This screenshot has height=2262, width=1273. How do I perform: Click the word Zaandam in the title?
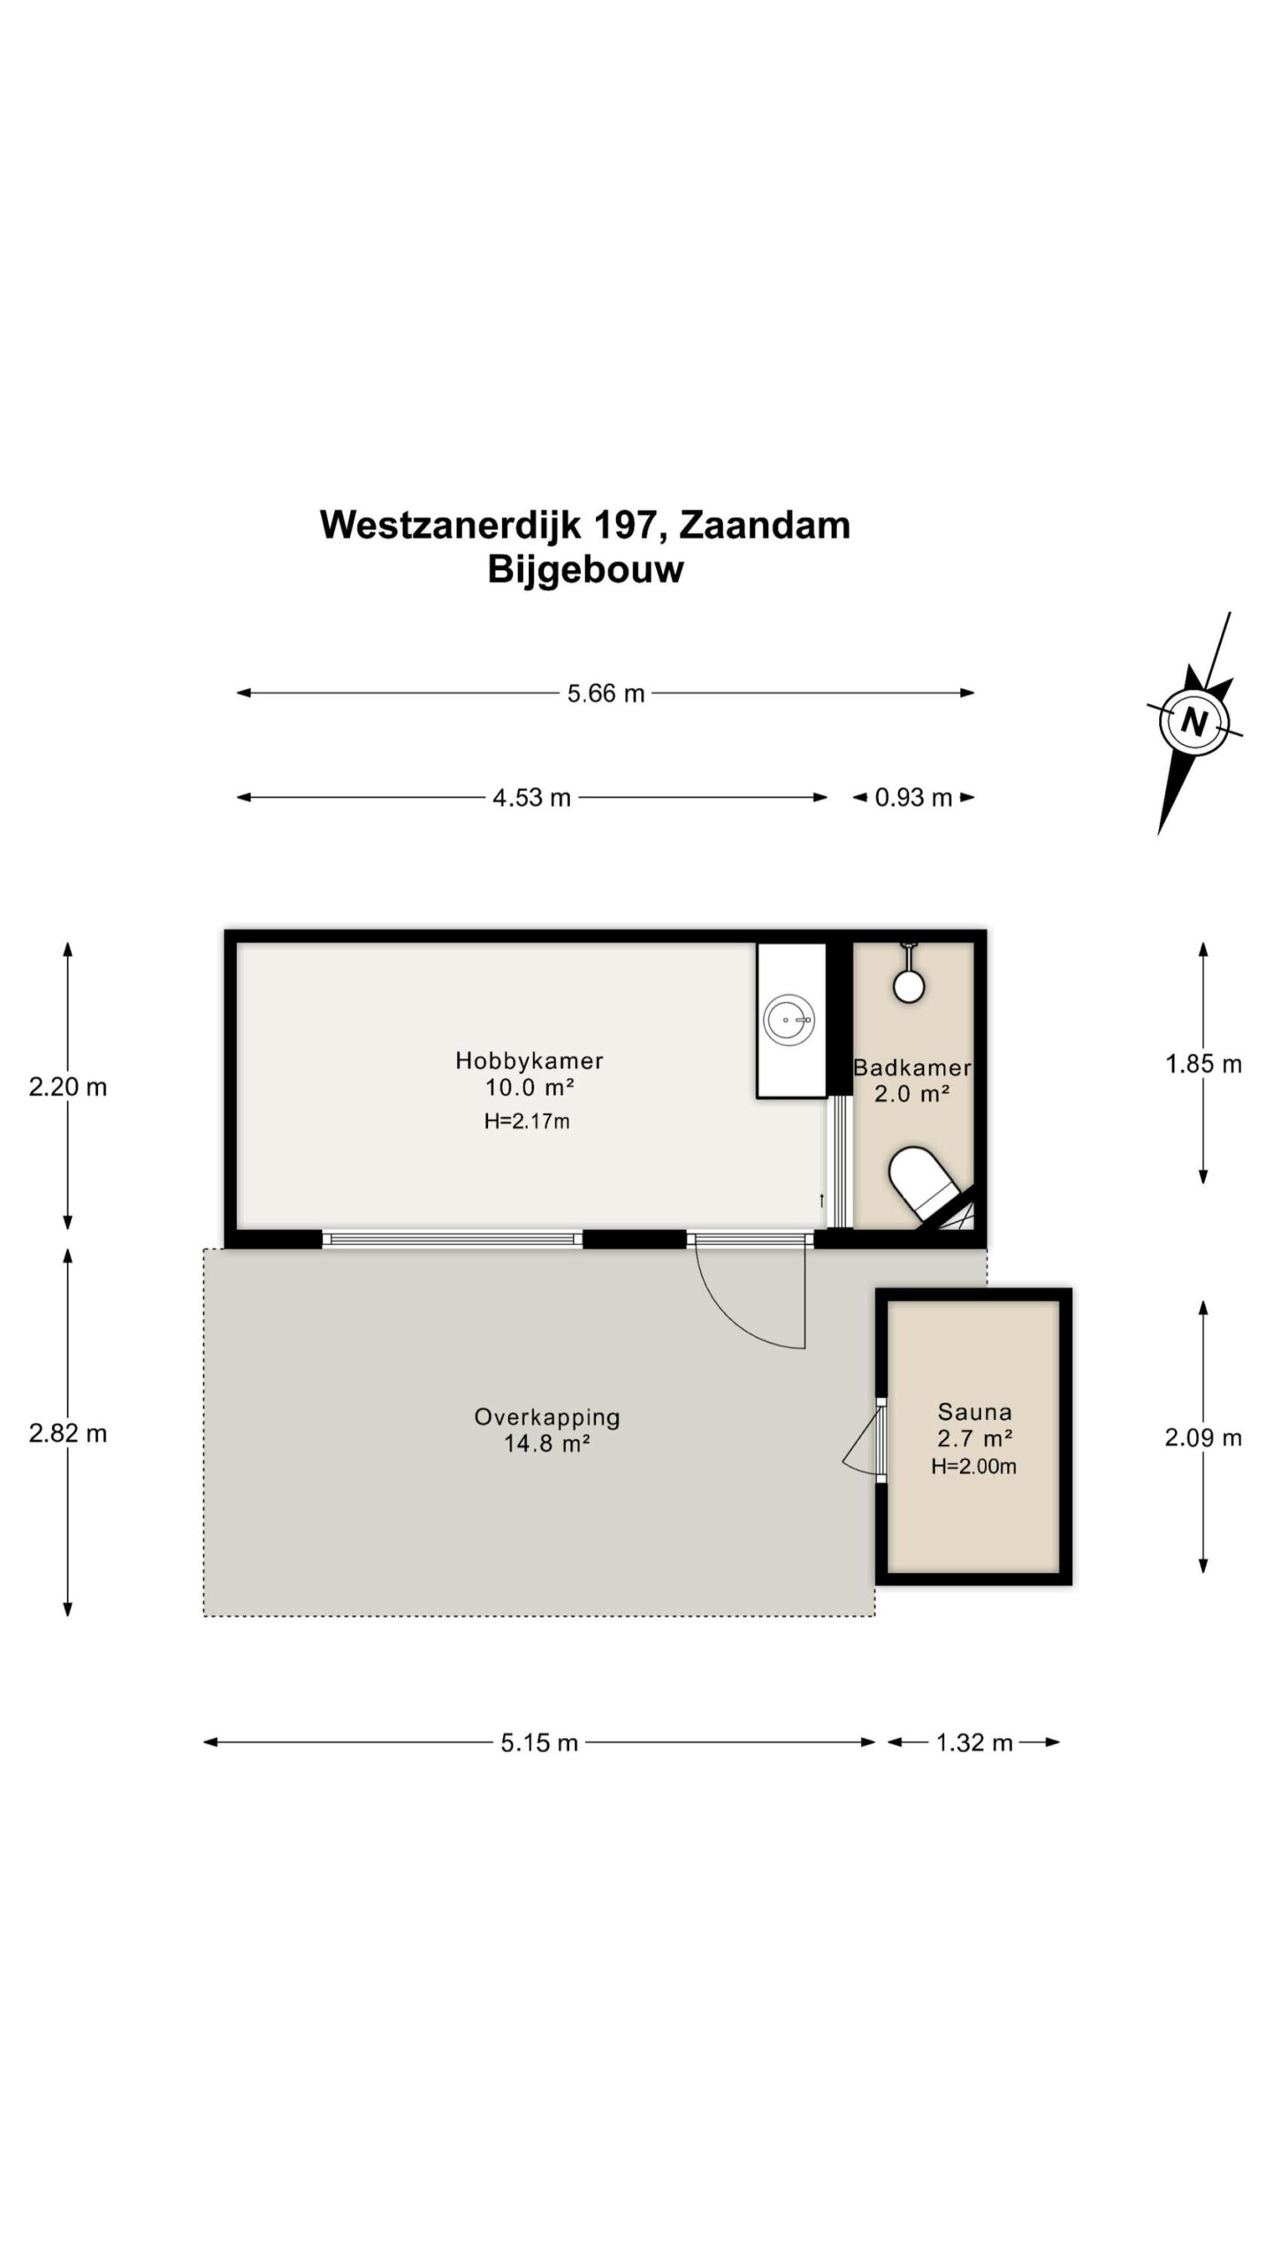(764, 526)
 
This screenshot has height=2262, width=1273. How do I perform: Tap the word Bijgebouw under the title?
(585, 570)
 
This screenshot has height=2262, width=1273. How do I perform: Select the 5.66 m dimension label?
(606, 694)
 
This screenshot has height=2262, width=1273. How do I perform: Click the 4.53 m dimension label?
(531, 798)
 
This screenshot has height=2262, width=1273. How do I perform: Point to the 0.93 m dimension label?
(913, 798)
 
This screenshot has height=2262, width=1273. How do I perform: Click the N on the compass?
(1194, 722)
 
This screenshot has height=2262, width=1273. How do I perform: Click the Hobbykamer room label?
(530, 1060)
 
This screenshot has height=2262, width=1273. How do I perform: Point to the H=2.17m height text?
(526, 1122)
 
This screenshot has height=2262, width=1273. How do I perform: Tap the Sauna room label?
(974, 1412)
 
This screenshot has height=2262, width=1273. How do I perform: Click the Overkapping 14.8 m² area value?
(547, 1444)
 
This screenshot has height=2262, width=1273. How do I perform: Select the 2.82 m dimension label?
(68, 1433)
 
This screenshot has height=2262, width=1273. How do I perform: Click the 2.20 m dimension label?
(68, 1087)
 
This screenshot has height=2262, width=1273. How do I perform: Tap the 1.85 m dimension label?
(1203, 1064)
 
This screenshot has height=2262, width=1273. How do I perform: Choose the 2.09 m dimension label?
(1203, 1438)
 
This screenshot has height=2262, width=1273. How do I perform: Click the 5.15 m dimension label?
(539, 1742)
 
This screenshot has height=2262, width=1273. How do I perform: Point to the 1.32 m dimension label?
(974, 1742)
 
